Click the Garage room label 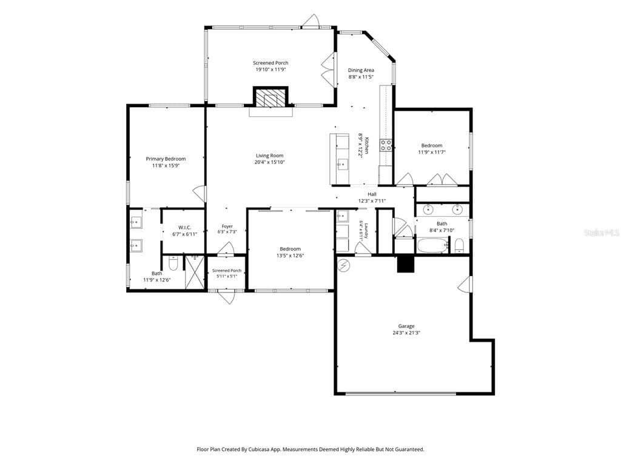coord(406,326)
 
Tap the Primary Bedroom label coord(166,159)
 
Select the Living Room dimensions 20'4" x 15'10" coord(270,162)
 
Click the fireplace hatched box coord(270,97)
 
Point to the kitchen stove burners coord(386,145)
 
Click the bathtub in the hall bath coord(432,245)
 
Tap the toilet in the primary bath coord(173,264)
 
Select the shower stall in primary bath coord(195,272)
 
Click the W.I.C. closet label coord(184,228)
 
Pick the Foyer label coord(227,226)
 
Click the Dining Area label coord(361,70)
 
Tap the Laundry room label coord(367,231)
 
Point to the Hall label coord(372,194)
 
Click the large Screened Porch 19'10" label coord(270,63)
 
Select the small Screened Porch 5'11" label coord(227,271)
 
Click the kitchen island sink coord(341,164)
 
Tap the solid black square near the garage coord(406,265)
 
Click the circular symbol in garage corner coord(343,265)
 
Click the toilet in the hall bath coord(459,246)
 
